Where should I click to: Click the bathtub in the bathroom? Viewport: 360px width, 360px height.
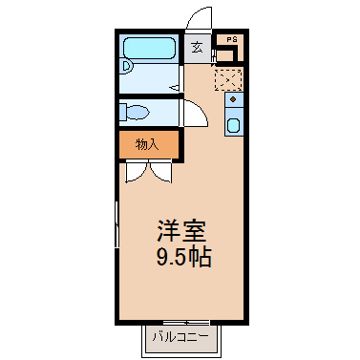point(149,48)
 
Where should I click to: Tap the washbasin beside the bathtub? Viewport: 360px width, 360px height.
point(127,67)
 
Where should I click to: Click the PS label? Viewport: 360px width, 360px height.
point(232,40)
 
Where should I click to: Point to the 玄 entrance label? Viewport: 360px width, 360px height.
point(198,48)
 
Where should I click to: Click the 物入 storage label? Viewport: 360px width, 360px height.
point(147,145)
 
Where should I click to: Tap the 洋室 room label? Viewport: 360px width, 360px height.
point(181,231)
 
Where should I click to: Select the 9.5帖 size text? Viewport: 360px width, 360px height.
point(183,257)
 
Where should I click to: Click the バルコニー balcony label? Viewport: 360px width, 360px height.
point(180,337)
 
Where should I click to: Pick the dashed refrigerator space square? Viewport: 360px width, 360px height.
point(228,79)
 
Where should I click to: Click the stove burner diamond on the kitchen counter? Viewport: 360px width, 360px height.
point(233,99)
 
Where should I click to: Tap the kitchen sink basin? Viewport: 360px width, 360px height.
point(234,125)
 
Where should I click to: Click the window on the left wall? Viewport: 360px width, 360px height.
point(116,223)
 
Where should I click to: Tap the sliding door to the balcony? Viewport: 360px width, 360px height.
point(186,323)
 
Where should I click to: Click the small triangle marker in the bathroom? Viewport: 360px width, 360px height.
point(175,87)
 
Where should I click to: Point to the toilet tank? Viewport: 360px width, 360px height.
point(123,112)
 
